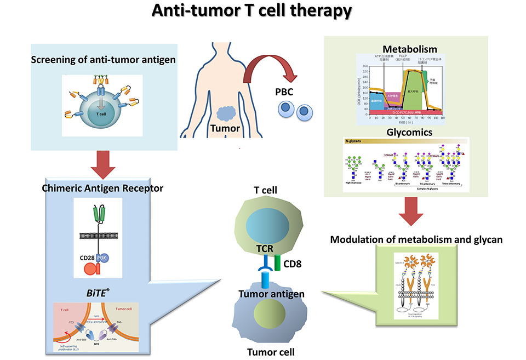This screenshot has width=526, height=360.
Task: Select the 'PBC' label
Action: click(x=284, y=90)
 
